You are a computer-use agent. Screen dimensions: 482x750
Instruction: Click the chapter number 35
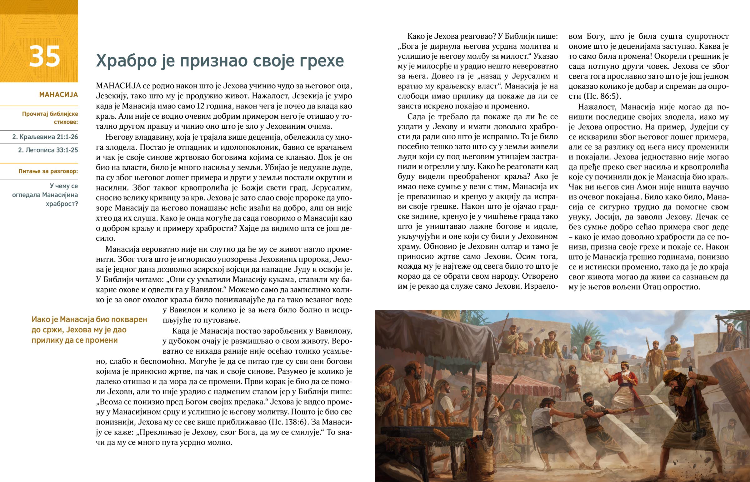44,57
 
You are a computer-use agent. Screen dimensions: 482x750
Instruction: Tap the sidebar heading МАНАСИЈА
58,95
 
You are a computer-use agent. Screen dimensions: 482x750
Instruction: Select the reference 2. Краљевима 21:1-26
45,137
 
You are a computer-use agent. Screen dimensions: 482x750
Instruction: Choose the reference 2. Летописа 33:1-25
48,150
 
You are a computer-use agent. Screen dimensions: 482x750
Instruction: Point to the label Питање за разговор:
48,171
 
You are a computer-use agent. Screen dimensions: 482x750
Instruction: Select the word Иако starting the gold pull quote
40,320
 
